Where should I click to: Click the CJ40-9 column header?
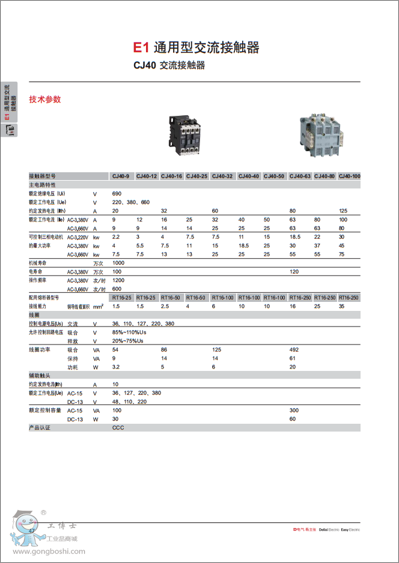[x=121, y=176]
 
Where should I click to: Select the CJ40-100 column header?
[x=349, y=176]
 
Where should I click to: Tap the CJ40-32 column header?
[x=222, y=176]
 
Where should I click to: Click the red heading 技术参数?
[x=45, y=99]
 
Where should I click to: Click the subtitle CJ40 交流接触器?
[x=169, y=65]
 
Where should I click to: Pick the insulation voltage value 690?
[x=117, y=194]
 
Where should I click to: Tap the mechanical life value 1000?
[x=118, y=263]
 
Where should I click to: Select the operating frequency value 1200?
[x=118, y=280]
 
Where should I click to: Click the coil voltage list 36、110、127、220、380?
[x=143, y=324]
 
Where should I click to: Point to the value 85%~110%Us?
[x=129, y=332]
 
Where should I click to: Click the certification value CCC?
[x=118, y=427]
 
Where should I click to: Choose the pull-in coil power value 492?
[x=294, y=349]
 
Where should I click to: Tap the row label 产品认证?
[x=40, y=427]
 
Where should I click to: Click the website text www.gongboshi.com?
[x=49, y=551]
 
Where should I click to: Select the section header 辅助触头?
[x=40, y=375]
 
